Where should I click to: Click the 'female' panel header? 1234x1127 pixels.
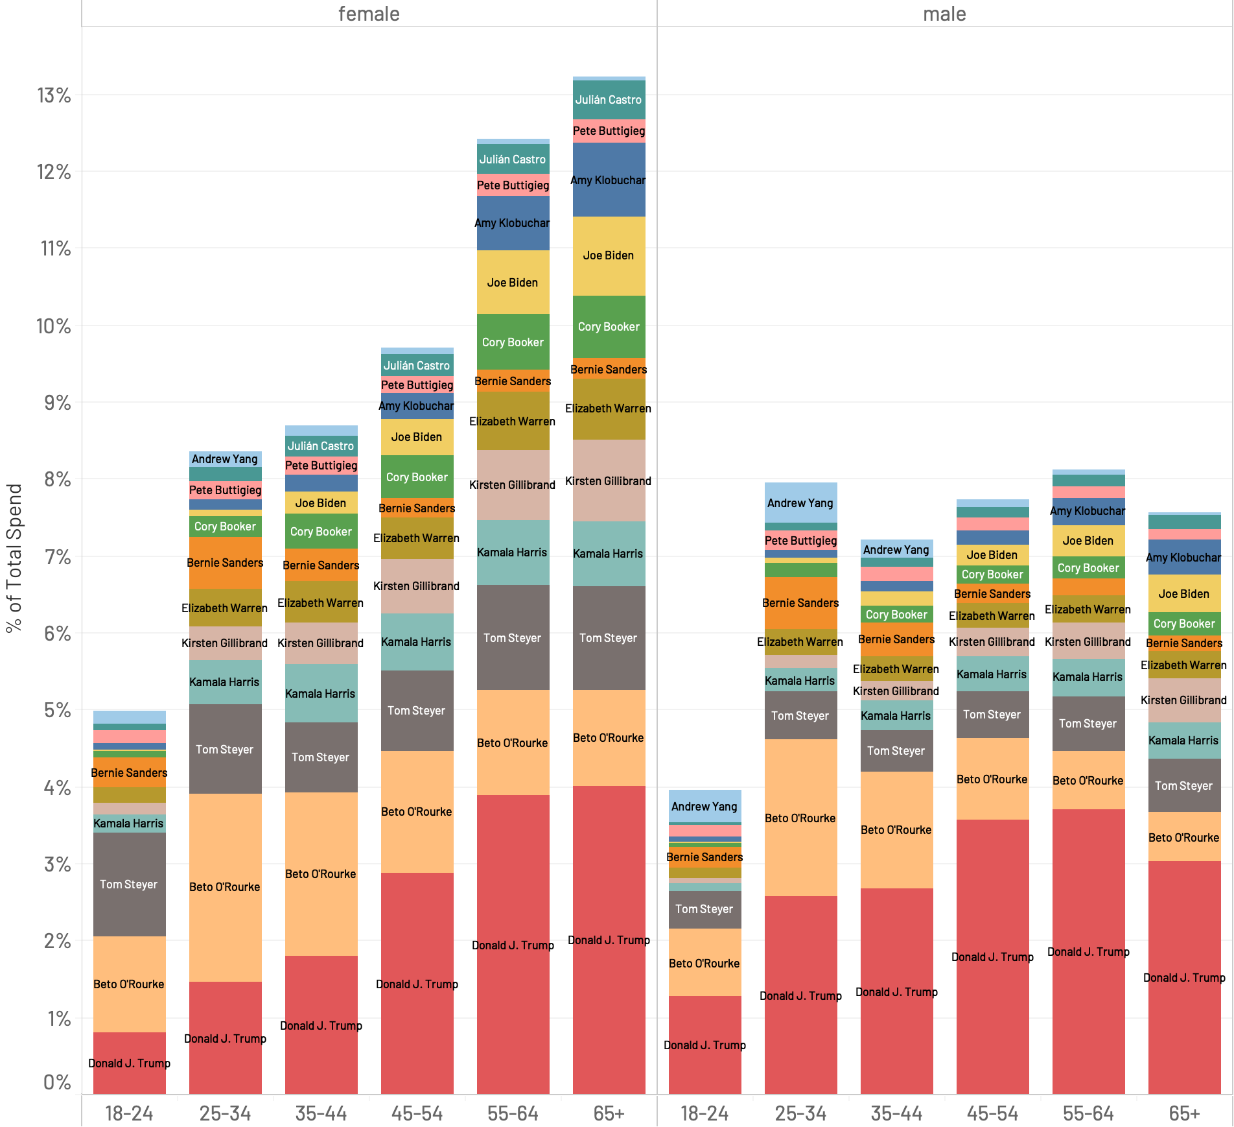coord(369,14)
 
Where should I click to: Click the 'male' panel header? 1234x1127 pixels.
coord(944,14)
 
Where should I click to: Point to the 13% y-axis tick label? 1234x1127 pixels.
coord(54,96)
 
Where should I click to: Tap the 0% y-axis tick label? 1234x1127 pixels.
coord(57,1082)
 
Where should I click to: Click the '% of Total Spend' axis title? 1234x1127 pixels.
coord(14,558)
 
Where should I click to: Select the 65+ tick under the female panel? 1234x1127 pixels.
coord(609,1113)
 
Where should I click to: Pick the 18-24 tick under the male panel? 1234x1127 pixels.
coord(704,1113)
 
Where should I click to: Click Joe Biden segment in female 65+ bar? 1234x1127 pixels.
coord(609,255)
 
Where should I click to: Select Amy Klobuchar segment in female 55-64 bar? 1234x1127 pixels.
coord(513,223)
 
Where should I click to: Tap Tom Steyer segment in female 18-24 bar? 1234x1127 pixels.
coord(129,884)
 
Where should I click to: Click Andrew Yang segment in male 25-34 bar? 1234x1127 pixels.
coord(800,503)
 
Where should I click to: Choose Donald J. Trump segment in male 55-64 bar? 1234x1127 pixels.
coord(1088,951)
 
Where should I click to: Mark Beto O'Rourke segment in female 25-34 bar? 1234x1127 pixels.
coord(225,886)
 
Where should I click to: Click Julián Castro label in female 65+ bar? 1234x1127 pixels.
coord(609,100)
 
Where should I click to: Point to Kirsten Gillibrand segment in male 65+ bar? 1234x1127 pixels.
coord(1184,700)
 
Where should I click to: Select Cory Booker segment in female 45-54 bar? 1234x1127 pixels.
coord(417,477)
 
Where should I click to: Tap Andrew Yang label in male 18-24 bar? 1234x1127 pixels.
coord(704,807)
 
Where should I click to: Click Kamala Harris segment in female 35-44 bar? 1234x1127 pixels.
coord(321,693)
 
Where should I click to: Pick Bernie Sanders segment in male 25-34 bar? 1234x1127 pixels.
coord(800,603)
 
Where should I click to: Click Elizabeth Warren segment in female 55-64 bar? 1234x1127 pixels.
coord(513,421)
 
